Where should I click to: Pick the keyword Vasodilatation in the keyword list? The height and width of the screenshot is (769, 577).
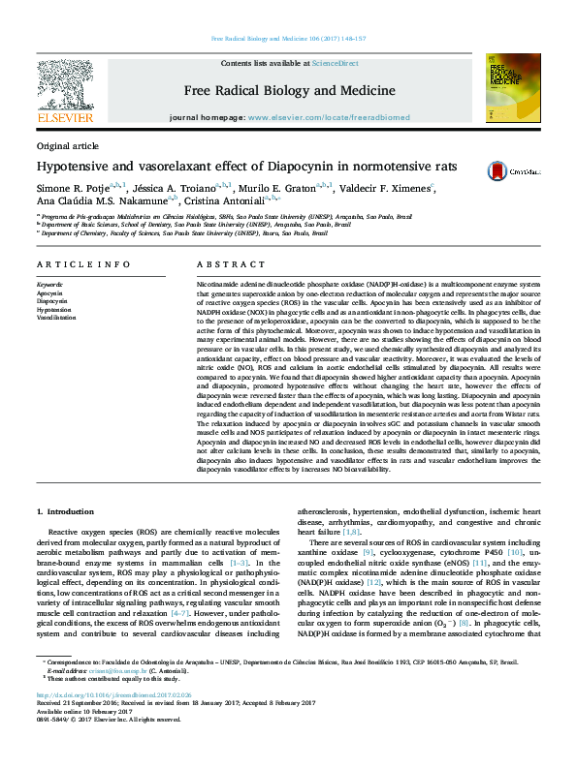point(56,317)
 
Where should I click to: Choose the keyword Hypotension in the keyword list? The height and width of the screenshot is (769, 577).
point(53,309)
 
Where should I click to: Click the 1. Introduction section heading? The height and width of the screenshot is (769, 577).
point(65,510)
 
